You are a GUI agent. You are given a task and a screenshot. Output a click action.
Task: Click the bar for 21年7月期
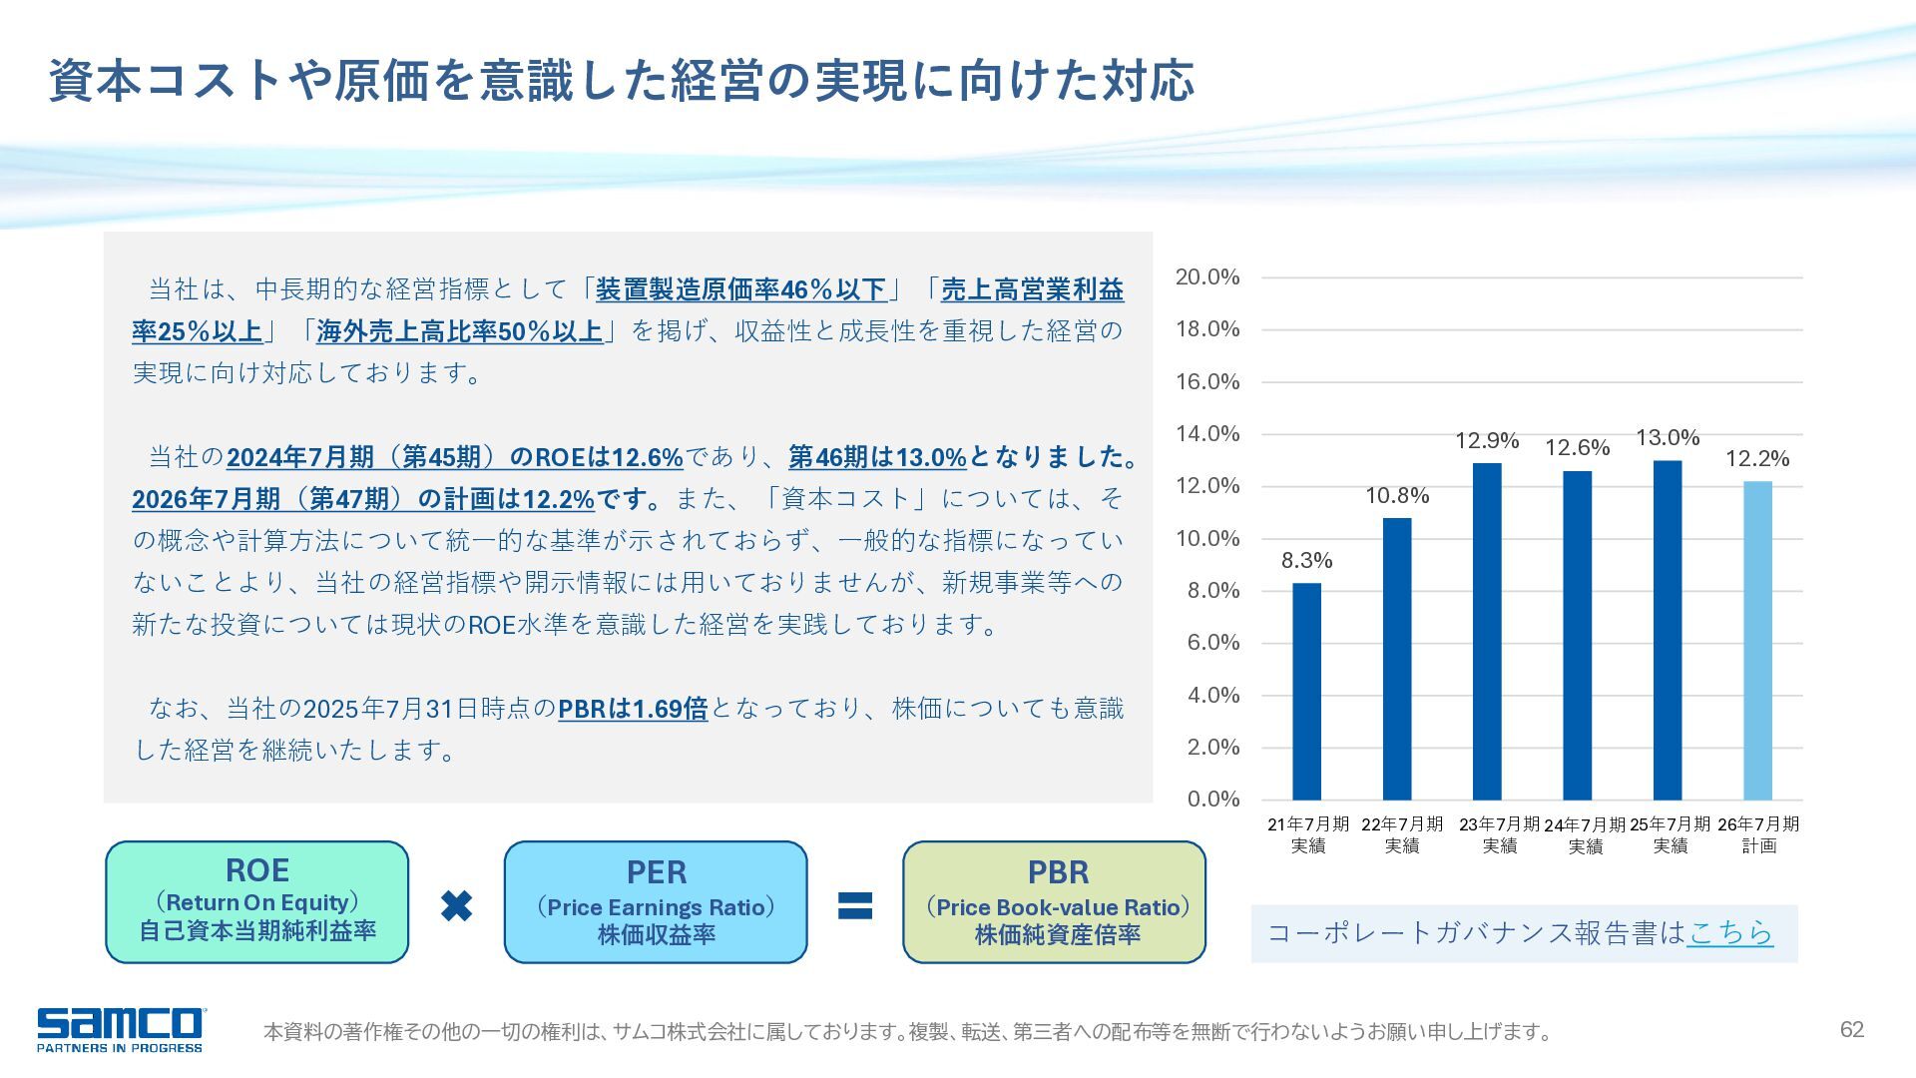pos(1306,691)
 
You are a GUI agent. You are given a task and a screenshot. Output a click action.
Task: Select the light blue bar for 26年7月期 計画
pos(1757,640)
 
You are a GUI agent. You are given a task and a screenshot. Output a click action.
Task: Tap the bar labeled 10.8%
pos(1397,658)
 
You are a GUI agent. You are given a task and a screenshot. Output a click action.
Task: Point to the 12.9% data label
pos(1486,441)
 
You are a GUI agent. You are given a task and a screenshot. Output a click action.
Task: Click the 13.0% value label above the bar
pos(1667,438)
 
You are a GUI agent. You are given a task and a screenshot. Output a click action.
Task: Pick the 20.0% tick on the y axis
pos(1206,277)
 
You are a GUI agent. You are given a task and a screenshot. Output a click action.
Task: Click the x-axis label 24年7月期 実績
pos(1584,835)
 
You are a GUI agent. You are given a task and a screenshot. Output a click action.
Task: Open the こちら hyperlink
pos(1730,932)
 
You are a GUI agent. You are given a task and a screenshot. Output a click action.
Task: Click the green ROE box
pos(257,901)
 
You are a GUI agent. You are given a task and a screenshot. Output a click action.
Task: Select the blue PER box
pos(656,901)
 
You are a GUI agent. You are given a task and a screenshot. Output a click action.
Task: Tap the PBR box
pos(1055,901)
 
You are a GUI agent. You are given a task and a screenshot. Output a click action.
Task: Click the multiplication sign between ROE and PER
pos(456,905)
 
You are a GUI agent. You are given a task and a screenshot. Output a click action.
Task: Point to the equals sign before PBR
pos(854,905)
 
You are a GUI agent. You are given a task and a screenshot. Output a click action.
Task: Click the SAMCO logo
pos(120,1029)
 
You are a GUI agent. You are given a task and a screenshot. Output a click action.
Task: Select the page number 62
pos(1851,1030)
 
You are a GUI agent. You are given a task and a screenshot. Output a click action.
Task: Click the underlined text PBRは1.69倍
pos(633,709)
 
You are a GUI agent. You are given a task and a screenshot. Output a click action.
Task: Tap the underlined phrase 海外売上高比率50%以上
pos(459,331)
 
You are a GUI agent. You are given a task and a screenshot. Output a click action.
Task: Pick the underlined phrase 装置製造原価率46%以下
pos(740,289)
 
